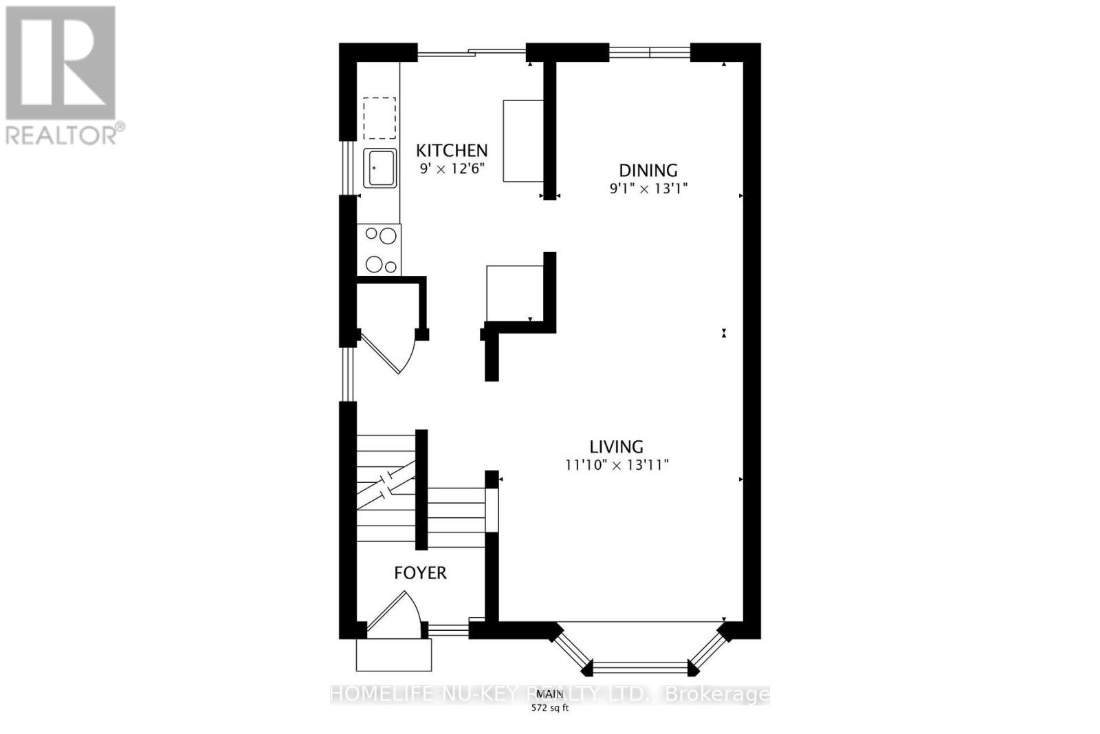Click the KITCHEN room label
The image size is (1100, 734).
point(452,150)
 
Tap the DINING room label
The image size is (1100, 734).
point(648,170)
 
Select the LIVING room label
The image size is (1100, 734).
point(616,446)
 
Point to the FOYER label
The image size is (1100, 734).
point(420,572)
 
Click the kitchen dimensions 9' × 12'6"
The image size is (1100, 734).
point(452,168)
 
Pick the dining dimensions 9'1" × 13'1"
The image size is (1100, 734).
point(648,188)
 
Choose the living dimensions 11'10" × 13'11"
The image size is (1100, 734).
point(617,465)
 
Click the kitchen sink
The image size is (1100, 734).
point(380,168)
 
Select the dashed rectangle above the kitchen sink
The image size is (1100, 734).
point(379,118)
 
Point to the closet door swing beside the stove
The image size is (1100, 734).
point(392,351)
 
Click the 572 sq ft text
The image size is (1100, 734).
point(550,708)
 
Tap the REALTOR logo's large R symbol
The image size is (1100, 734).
point(60,63)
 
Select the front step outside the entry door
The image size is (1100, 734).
point(393,655)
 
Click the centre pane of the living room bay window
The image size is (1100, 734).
point(639,666)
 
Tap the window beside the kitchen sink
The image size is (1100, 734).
point(348,168)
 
